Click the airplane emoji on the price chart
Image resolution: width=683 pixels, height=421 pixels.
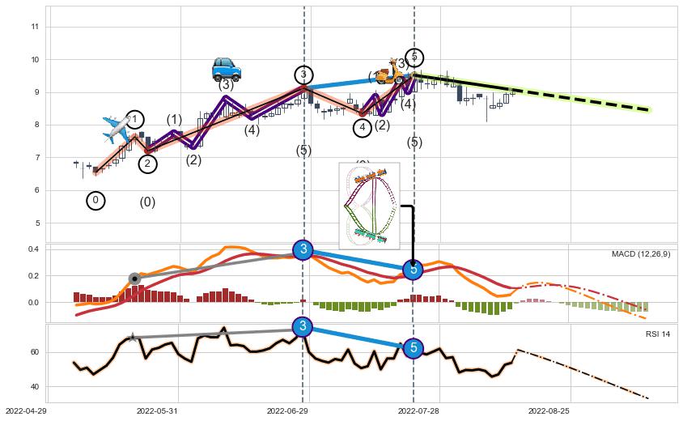click(117, 128)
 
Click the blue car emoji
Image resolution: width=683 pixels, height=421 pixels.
click(226, 69)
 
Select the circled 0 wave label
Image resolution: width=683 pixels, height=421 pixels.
click(95, 200)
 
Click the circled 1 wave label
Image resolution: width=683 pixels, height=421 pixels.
click(135, 121)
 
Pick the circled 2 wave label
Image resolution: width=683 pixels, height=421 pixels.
click(147, 164)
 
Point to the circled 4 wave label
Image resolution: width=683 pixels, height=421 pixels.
click(363, 127)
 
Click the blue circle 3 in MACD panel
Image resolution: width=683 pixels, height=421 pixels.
click(303, 249)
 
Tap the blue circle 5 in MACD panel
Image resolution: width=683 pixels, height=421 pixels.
click(413, 269)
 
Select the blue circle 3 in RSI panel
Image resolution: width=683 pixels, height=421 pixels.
click(303, 326)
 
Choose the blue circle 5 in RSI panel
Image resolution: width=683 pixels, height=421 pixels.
click(413, 348)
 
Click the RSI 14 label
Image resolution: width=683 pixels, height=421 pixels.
click(657, 334)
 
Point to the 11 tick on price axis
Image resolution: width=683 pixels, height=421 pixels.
click(35, 27)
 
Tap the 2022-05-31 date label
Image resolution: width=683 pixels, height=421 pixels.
click(157, 411)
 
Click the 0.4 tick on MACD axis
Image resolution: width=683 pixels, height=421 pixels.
click(34, 249)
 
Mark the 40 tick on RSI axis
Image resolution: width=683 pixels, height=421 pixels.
click(35, 386)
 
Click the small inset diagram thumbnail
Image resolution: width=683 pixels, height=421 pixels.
click(369, 205)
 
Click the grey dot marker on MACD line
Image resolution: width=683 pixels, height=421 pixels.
click(134, 279)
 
